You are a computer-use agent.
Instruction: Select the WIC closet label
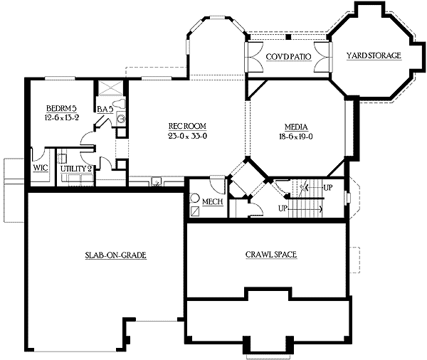(40, 169)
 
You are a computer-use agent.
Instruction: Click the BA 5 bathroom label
(104, 108)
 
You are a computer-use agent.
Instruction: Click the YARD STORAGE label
(374, 55)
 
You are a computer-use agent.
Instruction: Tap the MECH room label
(212, 202)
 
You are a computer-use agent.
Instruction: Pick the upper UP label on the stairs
(327, 187)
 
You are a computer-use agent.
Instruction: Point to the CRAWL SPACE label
(270, 254)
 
